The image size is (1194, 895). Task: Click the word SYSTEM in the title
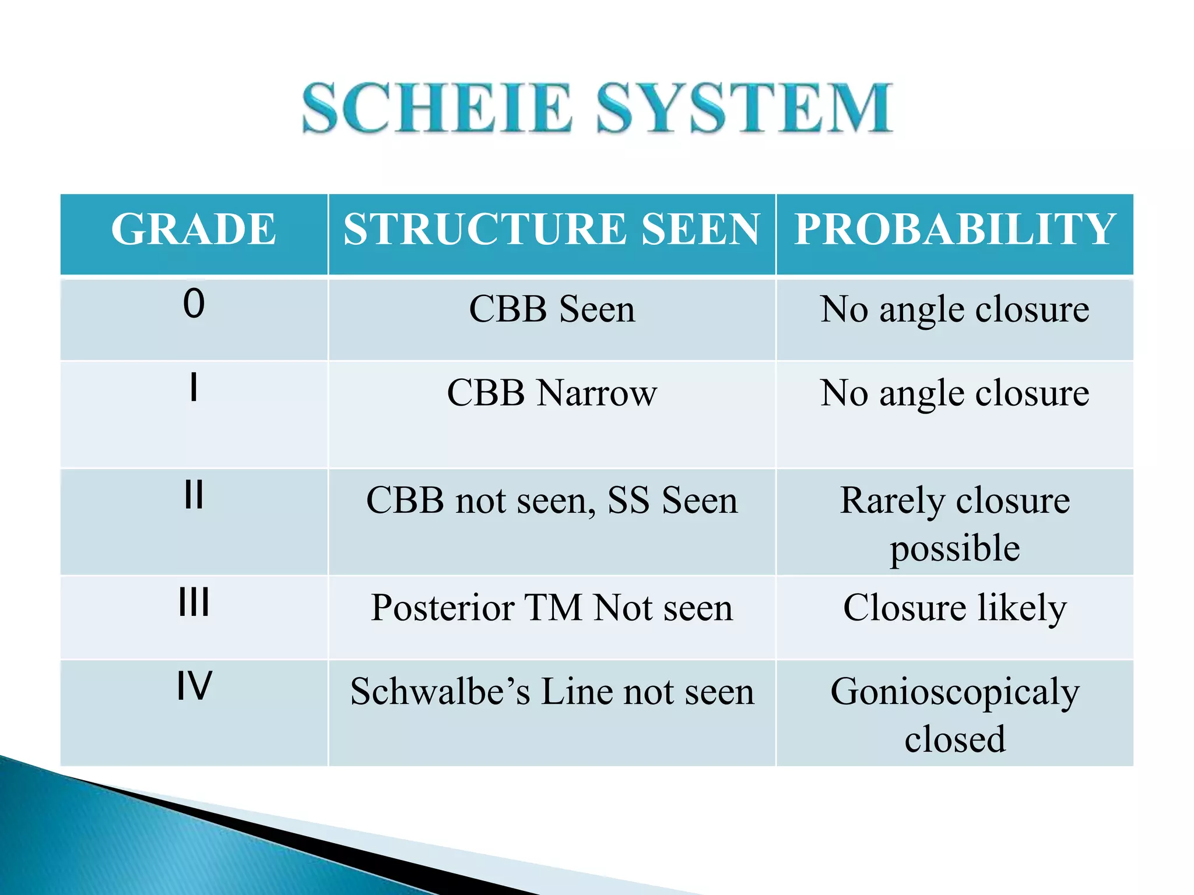745,108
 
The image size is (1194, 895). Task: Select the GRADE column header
194,229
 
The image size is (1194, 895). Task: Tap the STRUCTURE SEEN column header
552,229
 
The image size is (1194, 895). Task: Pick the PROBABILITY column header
955,229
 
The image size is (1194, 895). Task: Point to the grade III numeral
194,602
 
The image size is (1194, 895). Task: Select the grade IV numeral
194,686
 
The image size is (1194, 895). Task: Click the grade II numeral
194,495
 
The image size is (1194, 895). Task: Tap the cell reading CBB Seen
552,309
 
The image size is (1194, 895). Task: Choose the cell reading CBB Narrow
552,393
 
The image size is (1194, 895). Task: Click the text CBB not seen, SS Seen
552,501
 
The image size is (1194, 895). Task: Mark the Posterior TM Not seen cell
552,608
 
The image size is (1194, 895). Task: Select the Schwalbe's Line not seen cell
552,692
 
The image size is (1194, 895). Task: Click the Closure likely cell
955,608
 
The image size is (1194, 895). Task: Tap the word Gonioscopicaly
955,693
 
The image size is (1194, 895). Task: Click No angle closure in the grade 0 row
955,309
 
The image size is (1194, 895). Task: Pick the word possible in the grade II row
955,548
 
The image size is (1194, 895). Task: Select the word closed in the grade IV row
955,739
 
